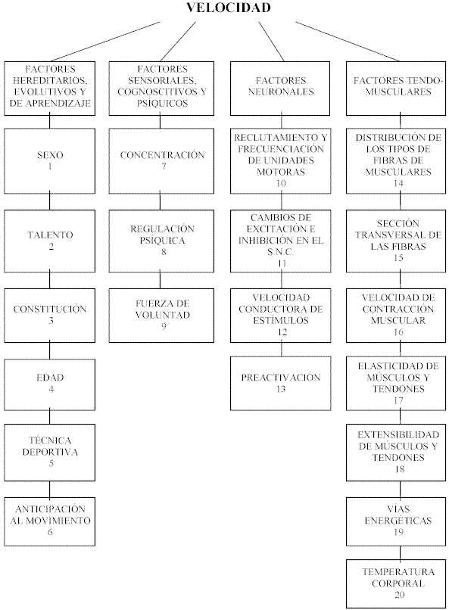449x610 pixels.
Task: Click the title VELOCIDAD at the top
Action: tap(229, 8)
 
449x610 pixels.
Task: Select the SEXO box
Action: tap(49, 161)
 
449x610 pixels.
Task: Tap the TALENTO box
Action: tap(49, 241)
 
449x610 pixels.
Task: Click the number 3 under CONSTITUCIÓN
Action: tap(51, 321)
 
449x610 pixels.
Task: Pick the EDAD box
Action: tap(49, 384)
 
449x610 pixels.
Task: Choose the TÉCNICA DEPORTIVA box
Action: tap(49, 453)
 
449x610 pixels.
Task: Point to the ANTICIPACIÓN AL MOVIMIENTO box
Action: tap(49, 521)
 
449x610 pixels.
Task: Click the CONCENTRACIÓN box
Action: tap(161, 161)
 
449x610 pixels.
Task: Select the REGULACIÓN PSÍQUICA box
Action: tap(161, 241)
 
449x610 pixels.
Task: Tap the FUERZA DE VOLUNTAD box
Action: tap(161, 315)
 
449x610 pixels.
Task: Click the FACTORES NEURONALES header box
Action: tap(280, 89)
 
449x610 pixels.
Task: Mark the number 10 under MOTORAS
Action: tap(281, 183)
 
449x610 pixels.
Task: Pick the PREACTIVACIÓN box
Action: tap(280, 383)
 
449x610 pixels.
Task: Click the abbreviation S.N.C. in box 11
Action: tap(280, 252)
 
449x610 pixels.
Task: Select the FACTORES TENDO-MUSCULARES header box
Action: tap(396, 89)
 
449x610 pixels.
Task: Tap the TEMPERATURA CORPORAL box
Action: tap(396, 584)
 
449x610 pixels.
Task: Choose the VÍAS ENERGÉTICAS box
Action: tap(396, 521)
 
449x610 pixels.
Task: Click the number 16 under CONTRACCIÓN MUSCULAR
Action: tap(398, 331)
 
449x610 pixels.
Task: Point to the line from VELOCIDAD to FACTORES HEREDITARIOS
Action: tap(104, 41)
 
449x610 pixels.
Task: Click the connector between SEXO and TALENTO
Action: tap(49, 201)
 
